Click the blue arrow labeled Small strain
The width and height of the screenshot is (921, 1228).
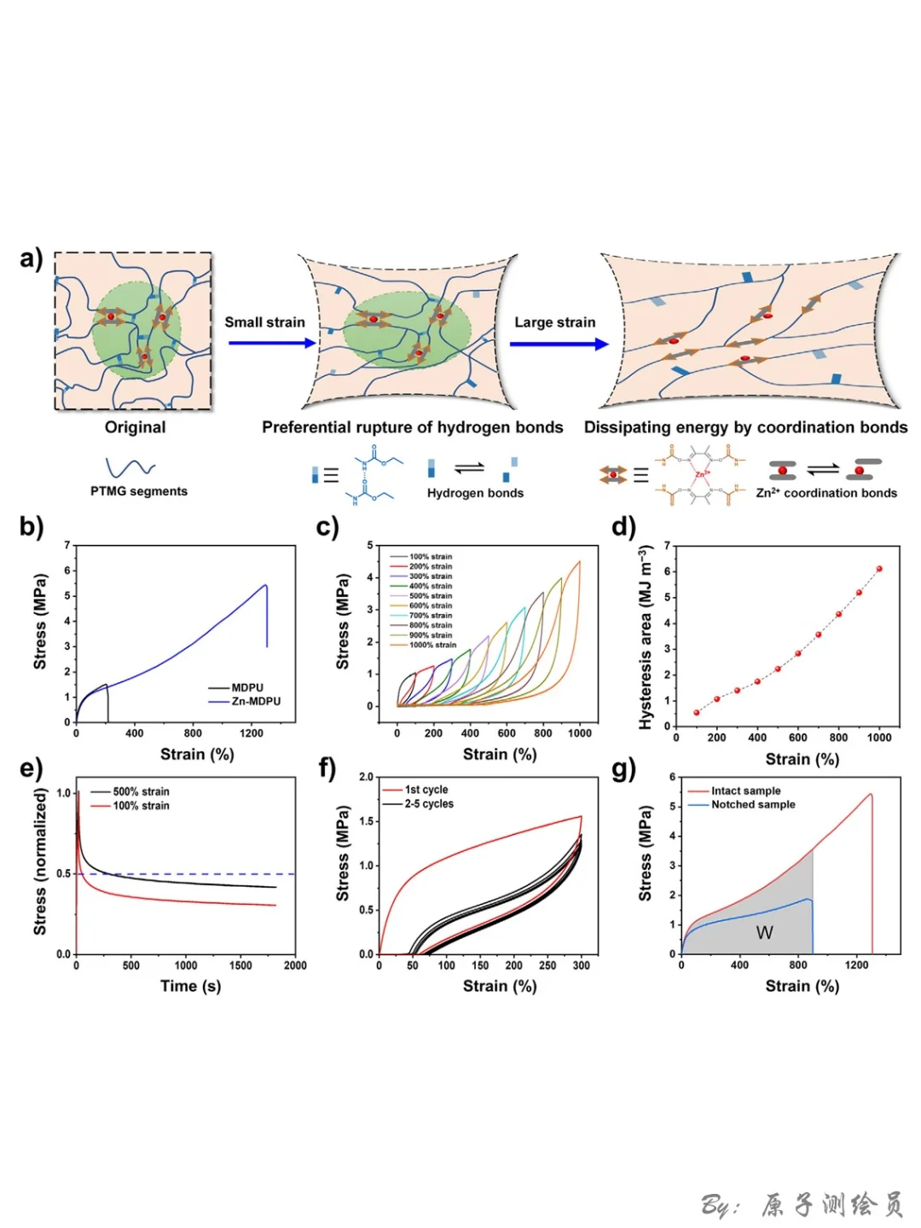pos(271,343)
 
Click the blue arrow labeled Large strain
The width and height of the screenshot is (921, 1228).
pos(559,344)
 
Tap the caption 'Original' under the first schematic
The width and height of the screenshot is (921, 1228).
pos(135,427)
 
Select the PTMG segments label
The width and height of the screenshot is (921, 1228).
pos(139,491)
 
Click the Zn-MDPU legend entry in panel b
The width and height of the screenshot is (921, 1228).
pos(255,701)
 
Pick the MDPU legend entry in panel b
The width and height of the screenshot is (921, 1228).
pos(247,687)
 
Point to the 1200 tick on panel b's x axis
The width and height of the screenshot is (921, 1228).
pos(252,733)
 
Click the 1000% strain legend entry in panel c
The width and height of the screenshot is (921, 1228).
pos(432,645)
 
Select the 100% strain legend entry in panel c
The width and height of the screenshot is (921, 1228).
pos(430,557)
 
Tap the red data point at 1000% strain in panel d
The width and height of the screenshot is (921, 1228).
pos(879,569)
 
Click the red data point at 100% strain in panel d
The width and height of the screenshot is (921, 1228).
pos(697,712)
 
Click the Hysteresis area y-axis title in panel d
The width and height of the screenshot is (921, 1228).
pos(646,637)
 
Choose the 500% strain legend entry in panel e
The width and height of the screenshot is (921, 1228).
pos(141,791)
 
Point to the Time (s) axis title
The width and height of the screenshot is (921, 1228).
pos(190,986)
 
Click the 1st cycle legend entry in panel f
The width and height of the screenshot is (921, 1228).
pos(426,790)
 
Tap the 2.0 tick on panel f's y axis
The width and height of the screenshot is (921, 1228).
pos(366,777)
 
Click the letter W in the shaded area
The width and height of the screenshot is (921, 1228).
pos(764,933)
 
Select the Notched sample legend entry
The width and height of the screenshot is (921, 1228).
pos(753,804)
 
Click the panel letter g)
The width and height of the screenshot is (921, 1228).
pos(624,769)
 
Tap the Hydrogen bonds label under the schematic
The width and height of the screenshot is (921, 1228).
pos(475,493)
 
